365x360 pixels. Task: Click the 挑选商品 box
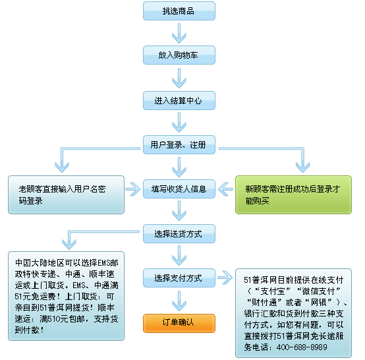[179, 11]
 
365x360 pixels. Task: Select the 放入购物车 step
[179, 55]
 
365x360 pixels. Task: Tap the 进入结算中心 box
[179, 100]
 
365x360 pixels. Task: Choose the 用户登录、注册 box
[179, 144]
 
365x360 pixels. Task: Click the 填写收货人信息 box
[179, 189]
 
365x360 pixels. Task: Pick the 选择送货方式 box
[179, 233]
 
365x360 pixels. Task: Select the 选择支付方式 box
[179, 278]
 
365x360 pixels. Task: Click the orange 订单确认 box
[179, 323]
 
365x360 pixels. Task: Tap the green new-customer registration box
[293, 195]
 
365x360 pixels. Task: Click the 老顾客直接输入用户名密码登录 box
[66, 195]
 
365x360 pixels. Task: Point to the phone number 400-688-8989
[302, 347]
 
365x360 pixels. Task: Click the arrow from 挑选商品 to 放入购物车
[179, 33]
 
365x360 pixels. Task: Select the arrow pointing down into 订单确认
[179, 301]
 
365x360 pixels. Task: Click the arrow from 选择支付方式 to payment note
[225, 278]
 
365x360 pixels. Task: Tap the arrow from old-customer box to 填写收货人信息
[133, 189]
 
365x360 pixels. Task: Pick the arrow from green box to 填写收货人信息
[225, 189]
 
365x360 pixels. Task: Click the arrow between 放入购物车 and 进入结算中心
[179, 78]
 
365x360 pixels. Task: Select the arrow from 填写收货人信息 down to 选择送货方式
[179, 211]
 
